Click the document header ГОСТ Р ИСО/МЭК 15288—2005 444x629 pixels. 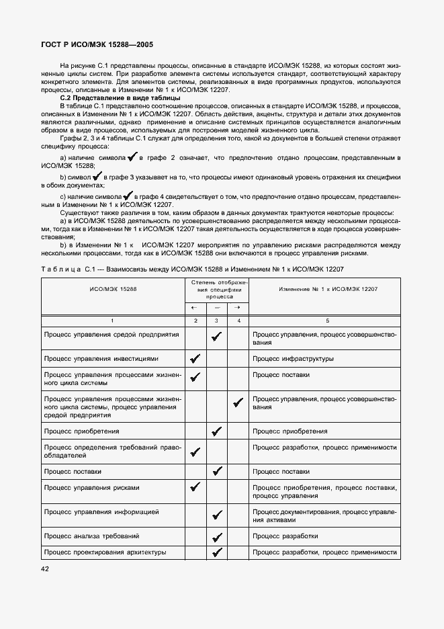coord(98,45)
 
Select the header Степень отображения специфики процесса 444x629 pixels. coord(216,289)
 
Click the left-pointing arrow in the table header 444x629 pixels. coord(195,307)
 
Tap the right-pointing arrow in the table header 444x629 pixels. coord(238,307)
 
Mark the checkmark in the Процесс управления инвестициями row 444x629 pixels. coord(195,359)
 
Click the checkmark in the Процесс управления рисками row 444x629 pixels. coord(195,487)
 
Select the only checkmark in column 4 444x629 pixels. coord(238,403)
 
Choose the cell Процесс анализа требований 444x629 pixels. coord(92,536)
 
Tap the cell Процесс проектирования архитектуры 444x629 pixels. coord(104,552)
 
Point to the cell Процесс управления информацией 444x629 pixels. coord(101,512)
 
